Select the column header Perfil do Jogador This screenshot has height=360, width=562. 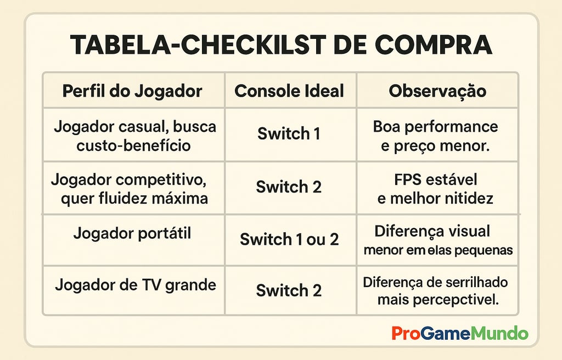click(x=132, y=91)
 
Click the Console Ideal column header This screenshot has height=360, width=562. click(x=289, y=91)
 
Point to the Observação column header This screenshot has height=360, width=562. click(x=437, y=91)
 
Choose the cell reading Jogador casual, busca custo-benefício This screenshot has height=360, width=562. click(x=134, y=136)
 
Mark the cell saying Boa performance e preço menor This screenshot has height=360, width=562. click(x=435, y=136)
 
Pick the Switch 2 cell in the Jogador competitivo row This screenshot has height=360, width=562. click(x=289, y=187)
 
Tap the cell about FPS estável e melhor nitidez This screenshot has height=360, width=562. click(x=435, y=188)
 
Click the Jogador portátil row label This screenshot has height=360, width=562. click(x=132, y=233)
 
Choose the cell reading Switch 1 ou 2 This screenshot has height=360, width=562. click(x=289, y=239)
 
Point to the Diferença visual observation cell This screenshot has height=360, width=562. click(x=437, y=240)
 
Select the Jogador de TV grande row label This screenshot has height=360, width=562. click(x=136, y=285)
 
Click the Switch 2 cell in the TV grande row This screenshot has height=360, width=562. click(x=289, y=290)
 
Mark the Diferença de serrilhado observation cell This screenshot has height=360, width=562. click(x=436, y=291)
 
